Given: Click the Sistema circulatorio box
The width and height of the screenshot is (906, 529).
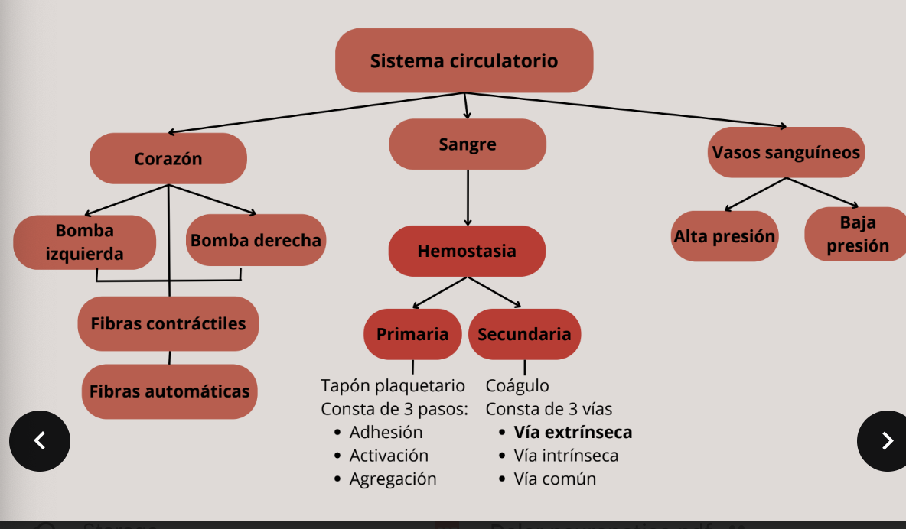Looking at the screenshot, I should point(464,60).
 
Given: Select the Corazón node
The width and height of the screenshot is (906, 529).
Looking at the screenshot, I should point(168,159).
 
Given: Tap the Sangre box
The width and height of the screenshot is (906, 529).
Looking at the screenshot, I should point(468,144).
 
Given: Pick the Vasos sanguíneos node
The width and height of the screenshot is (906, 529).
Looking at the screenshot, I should point(786,152).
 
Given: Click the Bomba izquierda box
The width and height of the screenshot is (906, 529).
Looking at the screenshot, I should point(84,242).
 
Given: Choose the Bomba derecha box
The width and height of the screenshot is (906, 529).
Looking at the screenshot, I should point(256,240).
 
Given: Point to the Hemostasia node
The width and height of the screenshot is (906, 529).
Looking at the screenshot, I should point(467,251).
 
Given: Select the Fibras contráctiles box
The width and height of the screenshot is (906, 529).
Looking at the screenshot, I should point(168,323).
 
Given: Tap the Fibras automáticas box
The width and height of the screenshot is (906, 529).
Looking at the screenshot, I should point(169,391).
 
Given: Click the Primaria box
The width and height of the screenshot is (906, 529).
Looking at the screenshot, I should point(412,334).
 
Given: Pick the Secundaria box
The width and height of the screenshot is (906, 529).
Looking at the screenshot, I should point(524,334).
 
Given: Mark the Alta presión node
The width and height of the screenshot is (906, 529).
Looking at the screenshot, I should point(724,236).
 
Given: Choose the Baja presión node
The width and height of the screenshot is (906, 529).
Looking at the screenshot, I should point(857,234).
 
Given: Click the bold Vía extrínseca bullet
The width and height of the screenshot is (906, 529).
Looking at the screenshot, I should point(572,432).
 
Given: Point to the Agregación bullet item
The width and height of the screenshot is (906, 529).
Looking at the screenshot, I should point(393,479).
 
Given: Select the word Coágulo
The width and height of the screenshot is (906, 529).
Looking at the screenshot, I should point(517,385).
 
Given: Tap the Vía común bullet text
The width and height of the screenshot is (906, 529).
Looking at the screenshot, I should point(555,479).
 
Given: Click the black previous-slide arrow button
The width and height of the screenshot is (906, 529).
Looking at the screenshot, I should point(40,441).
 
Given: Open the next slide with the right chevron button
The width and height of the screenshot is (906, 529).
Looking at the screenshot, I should point(886,441).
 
